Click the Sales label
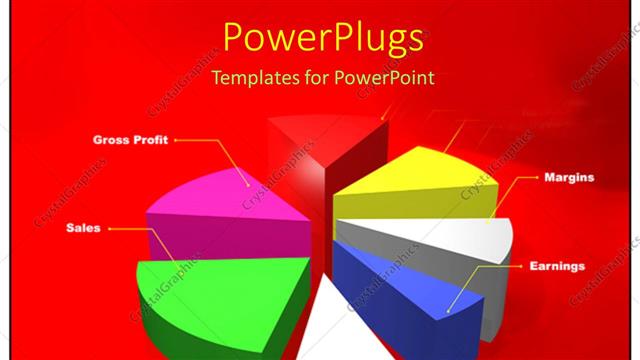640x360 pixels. pos(81,228)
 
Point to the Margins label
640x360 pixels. pos(569,177)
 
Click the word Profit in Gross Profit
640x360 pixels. pos(151,140)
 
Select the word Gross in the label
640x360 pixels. pos(110,140)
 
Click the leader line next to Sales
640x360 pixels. pos(120,229)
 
